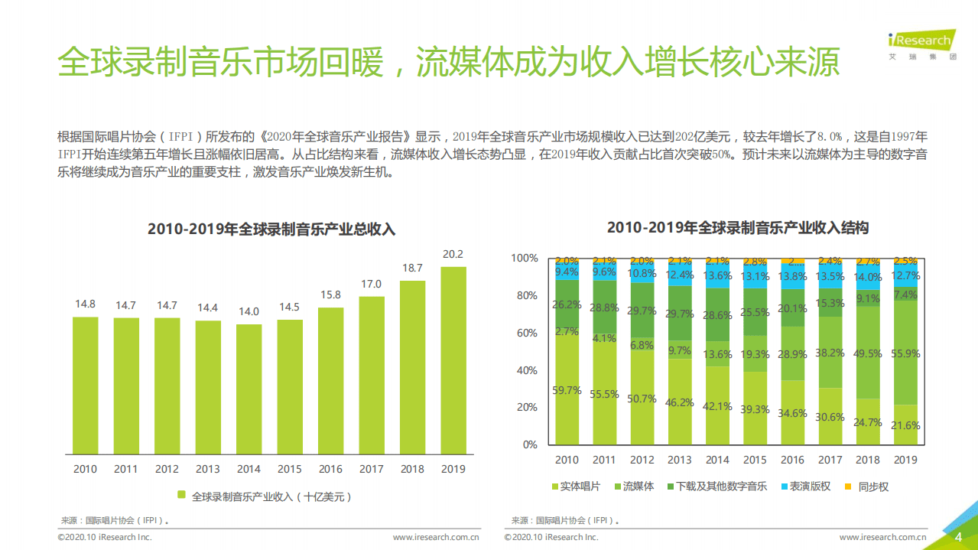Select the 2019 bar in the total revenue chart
453,360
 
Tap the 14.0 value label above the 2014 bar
249,311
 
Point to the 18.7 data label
412,268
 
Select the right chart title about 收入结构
737,228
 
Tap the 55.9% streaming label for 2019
905,354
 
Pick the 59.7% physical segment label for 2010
567,391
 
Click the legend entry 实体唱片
575,487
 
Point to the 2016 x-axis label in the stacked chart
792,460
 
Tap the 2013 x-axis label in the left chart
208,469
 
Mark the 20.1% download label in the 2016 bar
792,308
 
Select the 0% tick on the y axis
529,444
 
